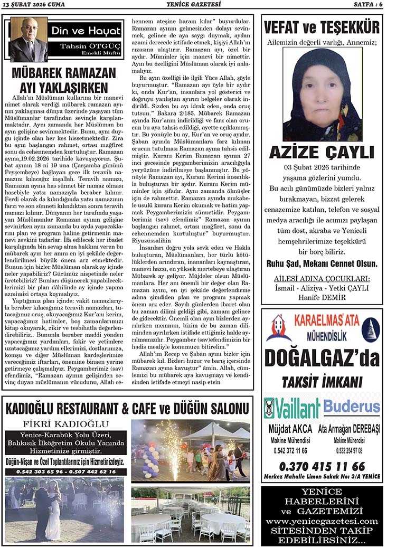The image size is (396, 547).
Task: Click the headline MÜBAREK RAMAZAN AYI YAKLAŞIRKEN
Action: click(x=63, y=80)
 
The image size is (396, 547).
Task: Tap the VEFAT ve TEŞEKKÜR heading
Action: click(x=322, y=27)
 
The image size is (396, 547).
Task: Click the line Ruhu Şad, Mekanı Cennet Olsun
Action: click(x=322, y=262)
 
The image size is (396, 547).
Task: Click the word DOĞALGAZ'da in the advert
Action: click(x=322, y=357)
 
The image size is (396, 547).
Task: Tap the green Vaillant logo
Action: click(x=292, y=408)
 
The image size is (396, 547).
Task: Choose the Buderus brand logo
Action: click(x=351, y=407)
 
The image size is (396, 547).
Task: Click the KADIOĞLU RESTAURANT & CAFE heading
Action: click(x=127, y=409)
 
